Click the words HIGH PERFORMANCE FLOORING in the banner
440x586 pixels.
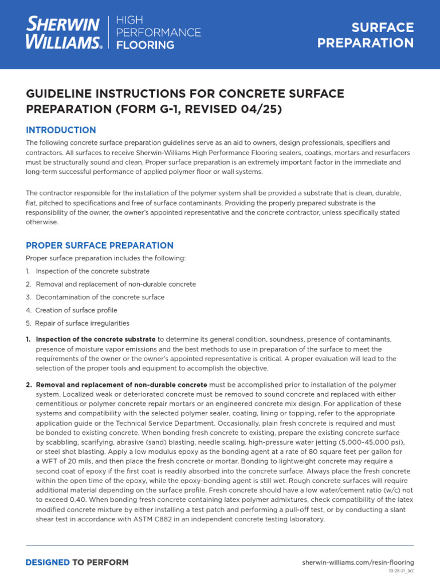(x=159, y=33)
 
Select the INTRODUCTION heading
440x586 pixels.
(x=61, y=130)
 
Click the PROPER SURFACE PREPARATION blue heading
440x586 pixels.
(x=100, y=245)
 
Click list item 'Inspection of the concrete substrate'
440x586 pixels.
(x=92, y=271)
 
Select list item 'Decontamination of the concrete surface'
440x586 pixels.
(x=100, y=297)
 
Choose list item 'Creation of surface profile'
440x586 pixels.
(x=76, y=310)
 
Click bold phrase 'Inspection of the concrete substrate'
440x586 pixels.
(x=96, y=339)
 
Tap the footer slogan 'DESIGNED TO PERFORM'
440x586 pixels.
(x=77, y=563)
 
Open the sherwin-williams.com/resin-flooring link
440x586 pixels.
(x=358, y=563)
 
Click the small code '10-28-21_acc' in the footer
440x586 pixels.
(x=401, y=571)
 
